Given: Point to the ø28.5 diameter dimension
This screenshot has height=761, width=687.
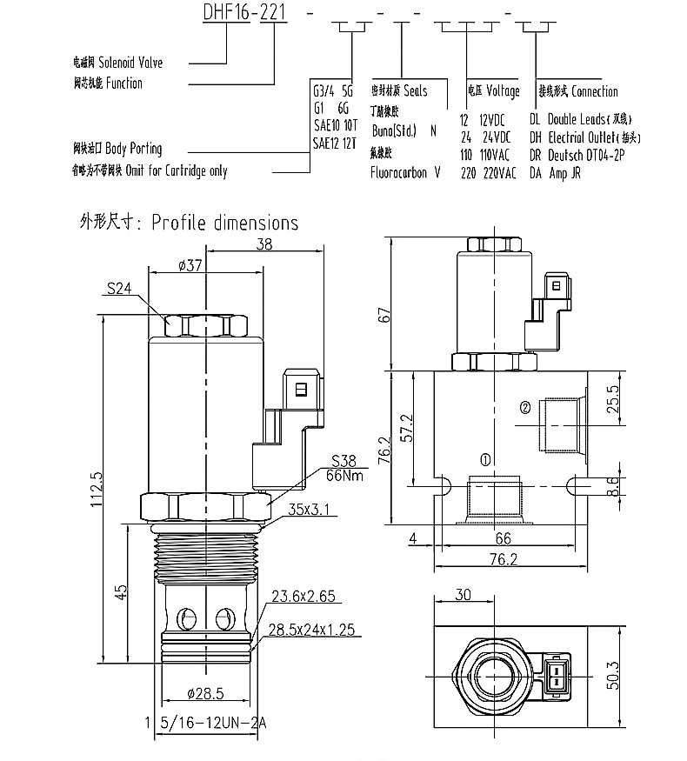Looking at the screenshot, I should pyautogui.click(x=205, y=693).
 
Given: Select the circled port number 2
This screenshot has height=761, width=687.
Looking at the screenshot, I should pyautogui.click(x=524, y=407).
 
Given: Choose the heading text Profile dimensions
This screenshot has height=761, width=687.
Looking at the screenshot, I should pyautogui.click(x=224, y=223).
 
